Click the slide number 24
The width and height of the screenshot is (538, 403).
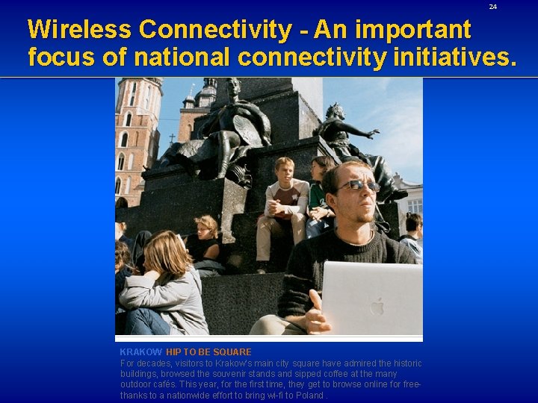tap(492, 7)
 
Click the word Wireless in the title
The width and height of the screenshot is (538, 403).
tap(79, 30)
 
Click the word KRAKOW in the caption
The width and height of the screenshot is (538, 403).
tap(140, 352)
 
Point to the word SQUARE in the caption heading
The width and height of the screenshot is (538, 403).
tap(232, 352)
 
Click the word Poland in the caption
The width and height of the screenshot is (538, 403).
tap(309, 396)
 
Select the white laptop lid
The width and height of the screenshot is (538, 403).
tap(371, 299)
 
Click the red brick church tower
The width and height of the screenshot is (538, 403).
tap(137, 134)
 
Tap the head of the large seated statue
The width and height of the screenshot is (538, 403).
tap(233, 87)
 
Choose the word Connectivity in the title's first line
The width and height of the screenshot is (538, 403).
tap(215, 30)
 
